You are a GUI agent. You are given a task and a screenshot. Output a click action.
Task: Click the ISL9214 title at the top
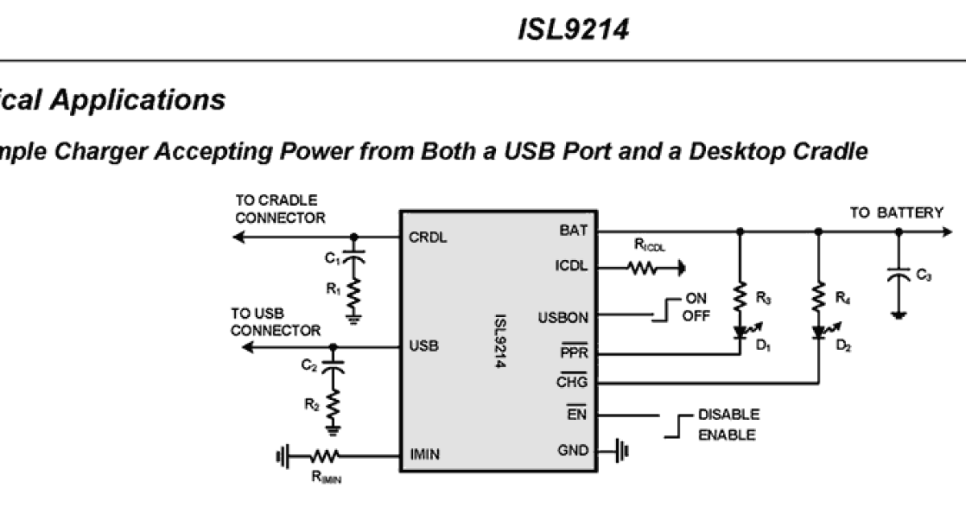(x=572, y=30)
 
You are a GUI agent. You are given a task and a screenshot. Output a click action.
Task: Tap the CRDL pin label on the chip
(x=428, y=237)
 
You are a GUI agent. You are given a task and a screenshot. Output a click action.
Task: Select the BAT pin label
(x=573, y=230)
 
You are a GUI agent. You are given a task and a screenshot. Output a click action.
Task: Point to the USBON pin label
(x=563, y=318)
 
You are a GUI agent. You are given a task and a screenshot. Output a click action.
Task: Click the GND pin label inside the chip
(x=572, y=451)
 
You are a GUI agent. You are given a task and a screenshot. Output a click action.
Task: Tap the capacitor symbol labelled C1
(x=353, y=257)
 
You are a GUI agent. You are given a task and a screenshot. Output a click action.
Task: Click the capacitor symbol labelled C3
(x=898, y=274)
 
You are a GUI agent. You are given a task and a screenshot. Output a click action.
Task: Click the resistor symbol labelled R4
(x=819, y=299)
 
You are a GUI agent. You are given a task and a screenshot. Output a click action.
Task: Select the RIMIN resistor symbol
(x=324, y=456)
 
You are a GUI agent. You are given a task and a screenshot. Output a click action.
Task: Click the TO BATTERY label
(x=897, y=213)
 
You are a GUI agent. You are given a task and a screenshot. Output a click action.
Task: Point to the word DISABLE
(x=728, y=415)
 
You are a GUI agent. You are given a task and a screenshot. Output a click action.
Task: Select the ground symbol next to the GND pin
(x=622, y=451)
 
